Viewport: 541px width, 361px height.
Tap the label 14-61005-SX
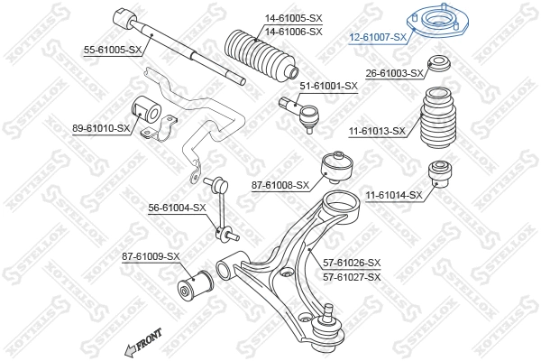click(293, 19)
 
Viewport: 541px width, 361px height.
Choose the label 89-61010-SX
click(102, 129)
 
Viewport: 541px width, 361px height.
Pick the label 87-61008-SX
click(280, 185)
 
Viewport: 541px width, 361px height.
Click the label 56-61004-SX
click(178, 208)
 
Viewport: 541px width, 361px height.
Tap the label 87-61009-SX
click(151, 256)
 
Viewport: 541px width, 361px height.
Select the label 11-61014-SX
click(394, 195)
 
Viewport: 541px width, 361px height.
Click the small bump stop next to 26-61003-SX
click(439, 66)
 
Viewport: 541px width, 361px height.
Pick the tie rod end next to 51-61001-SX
click(304, 112)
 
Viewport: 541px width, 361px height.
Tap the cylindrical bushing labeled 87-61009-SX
click(191, 285)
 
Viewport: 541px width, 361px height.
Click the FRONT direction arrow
click(144, 342)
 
